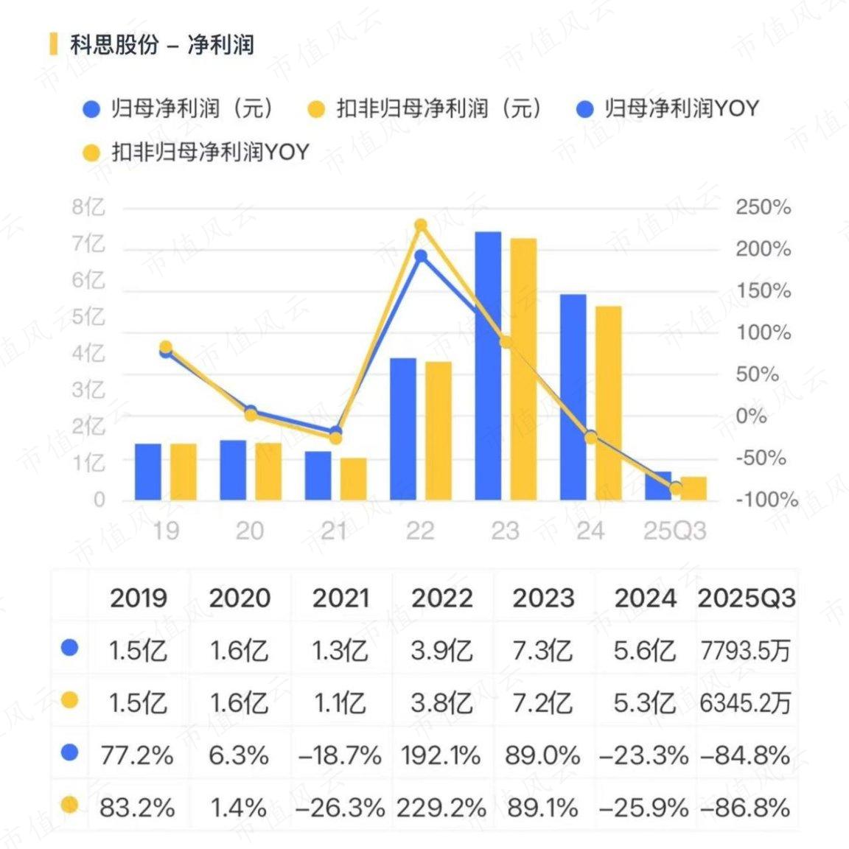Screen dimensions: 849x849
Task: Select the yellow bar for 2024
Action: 608,403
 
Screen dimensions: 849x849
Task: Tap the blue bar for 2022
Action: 403,429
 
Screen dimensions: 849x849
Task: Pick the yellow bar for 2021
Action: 353,479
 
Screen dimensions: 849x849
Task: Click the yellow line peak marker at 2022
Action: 421,226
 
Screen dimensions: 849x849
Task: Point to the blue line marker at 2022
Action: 421,256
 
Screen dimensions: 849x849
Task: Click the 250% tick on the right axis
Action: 763,207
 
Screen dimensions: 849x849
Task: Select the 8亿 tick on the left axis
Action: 88,207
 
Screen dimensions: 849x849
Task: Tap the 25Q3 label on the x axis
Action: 674,531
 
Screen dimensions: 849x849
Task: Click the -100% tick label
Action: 766,500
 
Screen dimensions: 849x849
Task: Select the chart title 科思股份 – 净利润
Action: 162,44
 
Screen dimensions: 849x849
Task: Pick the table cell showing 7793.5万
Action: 745,651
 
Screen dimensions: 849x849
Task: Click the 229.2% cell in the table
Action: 441,808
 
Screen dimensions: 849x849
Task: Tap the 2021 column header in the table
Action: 340,598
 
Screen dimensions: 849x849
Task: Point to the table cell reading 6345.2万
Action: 745,702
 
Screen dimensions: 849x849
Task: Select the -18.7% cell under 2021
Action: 340,755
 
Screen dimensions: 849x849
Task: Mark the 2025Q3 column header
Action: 747,598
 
